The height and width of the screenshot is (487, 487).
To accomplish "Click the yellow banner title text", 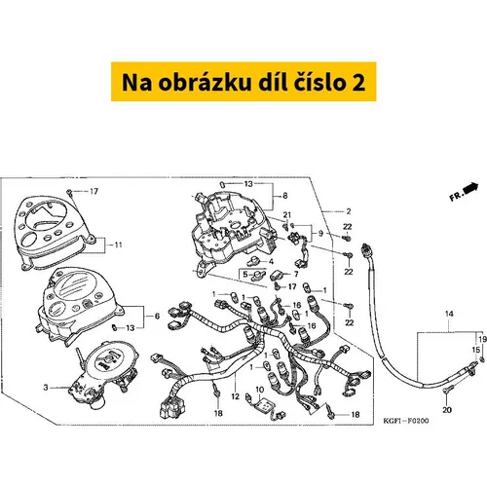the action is click(243, 83).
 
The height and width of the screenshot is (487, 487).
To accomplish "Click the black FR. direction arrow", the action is click(471, 188).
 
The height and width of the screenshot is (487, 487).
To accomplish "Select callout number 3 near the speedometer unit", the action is click(46, 388).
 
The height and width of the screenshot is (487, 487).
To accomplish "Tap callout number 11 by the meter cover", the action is click(118, 244).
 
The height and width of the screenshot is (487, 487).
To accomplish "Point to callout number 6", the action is click(157, 316).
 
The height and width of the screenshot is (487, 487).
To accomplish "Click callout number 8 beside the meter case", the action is click(285, 196).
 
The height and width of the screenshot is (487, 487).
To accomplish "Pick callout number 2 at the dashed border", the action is click(349, 211).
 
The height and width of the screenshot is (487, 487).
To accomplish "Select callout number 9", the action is click(320, 233).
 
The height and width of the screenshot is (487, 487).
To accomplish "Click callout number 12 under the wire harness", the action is click(235, 396).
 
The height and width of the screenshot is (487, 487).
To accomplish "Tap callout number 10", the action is click(260, 390).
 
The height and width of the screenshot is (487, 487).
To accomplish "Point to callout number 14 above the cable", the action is click(449, 314).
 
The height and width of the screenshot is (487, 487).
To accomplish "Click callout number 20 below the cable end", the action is click(447, 410).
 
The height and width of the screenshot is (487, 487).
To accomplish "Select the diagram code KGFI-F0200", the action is click(406, 421).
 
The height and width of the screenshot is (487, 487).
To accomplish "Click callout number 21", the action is click(287, 215).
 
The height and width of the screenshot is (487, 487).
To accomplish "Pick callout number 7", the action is click(296, 275).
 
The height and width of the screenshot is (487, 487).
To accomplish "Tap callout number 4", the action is click(271, 261).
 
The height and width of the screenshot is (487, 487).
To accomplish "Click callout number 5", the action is click(245, 275).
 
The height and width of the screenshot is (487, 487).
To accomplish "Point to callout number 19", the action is click(483, 339).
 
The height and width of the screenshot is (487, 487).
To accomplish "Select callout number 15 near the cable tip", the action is click(475, 350).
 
